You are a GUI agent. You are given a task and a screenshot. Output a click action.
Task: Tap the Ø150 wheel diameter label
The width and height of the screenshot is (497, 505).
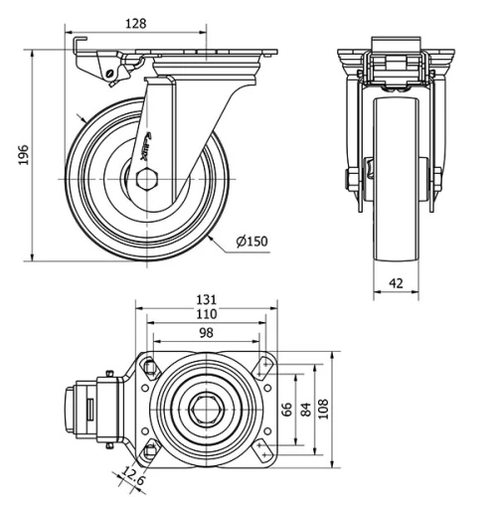coord(253,240)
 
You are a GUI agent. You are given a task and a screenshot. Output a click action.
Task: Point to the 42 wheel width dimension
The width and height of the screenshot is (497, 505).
coord(396,283)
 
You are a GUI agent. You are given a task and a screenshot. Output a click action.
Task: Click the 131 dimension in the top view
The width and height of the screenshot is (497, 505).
coord(207,298)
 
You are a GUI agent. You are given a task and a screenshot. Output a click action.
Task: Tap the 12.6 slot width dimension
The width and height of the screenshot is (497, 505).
coord(135,480)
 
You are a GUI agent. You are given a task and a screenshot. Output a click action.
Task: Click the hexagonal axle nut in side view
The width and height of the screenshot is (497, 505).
coord(147,180)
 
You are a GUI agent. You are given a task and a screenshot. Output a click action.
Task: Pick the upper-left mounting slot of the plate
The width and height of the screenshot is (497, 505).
coord(149,367)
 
